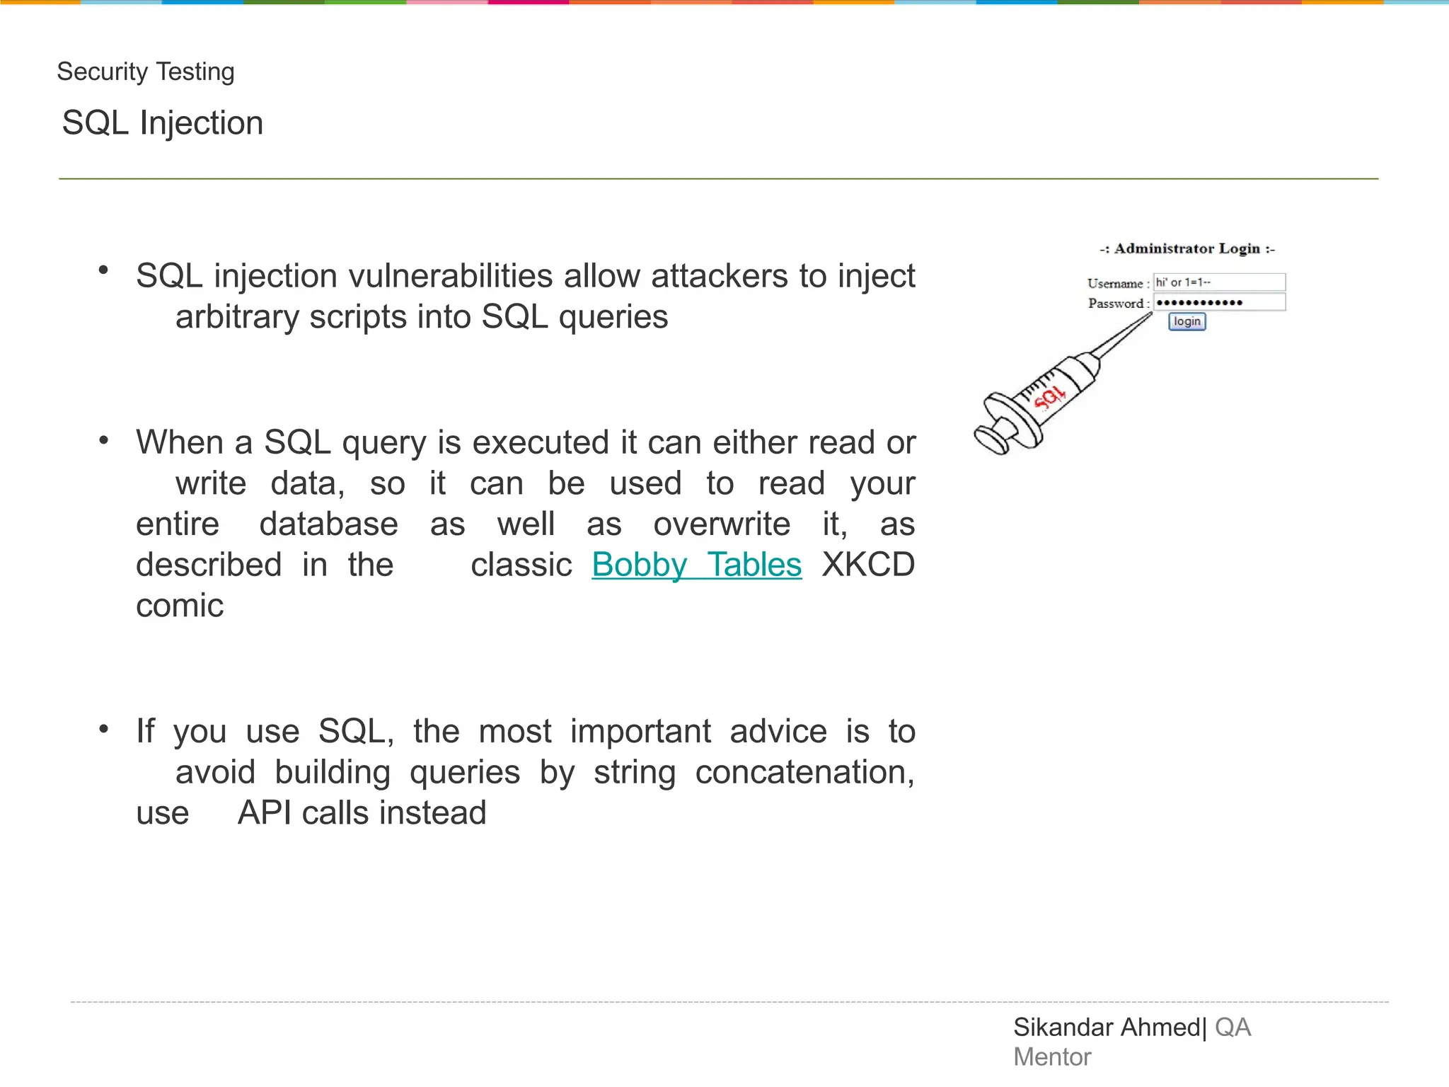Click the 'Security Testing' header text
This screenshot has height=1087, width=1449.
(x=145, y=71)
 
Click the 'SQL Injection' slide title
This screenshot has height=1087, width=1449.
(x=163, y=123)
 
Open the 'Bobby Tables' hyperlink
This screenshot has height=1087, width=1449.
(x=696, y=565)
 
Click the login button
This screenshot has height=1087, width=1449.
(x=1187, y=322)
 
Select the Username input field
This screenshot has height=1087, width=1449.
(x=1219, y=282)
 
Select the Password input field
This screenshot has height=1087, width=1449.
(x=1219, y=303)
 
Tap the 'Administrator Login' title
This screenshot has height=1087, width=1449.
(x=1187, y=248)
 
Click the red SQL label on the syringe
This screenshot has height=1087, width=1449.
(x=1049, y=399)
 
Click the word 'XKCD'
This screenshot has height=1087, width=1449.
(x=868, y=565)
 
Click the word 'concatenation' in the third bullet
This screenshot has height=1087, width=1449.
(x=804, y=772)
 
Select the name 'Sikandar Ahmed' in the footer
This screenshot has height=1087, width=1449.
(x=1107, y=1028)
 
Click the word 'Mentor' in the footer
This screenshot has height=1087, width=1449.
(x=1052, y=1057)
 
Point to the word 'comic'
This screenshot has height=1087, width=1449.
(x=180, y=606)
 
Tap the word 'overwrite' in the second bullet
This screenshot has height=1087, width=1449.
(x=722, y=524)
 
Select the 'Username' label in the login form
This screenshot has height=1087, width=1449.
(x=1114, y=284)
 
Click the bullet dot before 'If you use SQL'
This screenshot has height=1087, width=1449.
(x=104, y=729)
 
